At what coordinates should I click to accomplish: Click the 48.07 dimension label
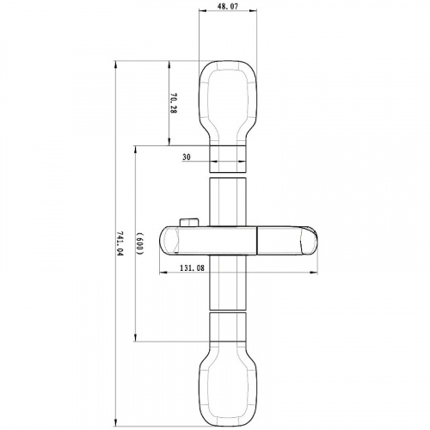pyautogui.click(x=228, y=7)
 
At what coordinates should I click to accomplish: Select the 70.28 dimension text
pyautogui.click(x=173, y=102)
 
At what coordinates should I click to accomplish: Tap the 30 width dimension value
pyautogui.click(x=187, y=157)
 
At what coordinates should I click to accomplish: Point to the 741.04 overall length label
pyautogui.click(x=120, y=243)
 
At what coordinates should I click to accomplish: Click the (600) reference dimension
pyautogui.click(x=139, y=243)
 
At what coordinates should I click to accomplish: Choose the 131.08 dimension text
pyautogui.click(x=192, y=268)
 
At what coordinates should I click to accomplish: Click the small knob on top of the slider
pyautogui.click(x=189, y=223)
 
